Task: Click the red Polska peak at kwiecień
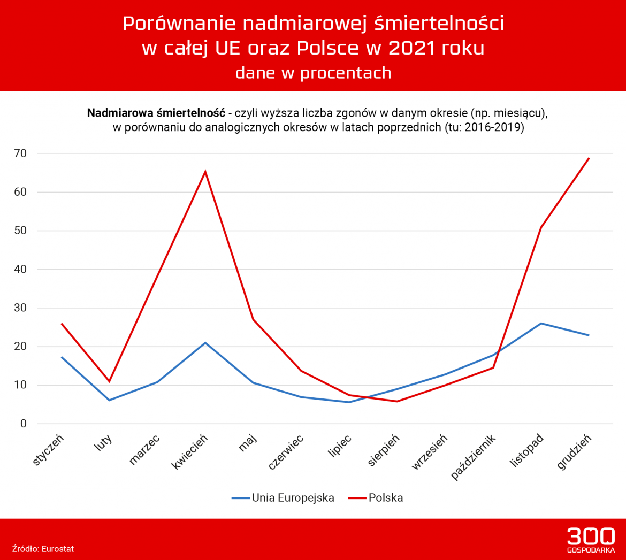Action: click(205, 172)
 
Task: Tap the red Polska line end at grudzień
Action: click(589, 158)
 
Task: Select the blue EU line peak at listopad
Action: click(541, 323)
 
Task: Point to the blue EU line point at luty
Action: click(109, 400)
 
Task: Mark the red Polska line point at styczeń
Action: click(62, 324)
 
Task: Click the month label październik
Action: click(474, 457)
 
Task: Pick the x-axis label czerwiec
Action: click(286, 452)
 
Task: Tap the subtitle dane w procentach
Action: click(313, 73)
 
